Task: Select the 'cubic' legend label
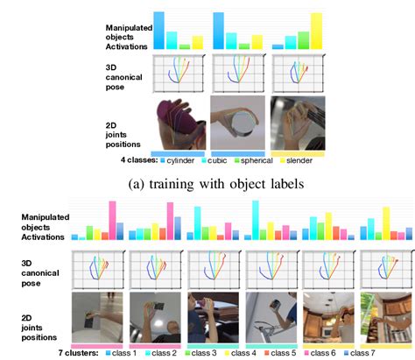tap(225, 160)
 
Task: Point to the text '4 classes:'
tap(140, 160)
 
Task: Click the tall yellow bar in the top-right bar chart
tap(316, 31)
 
